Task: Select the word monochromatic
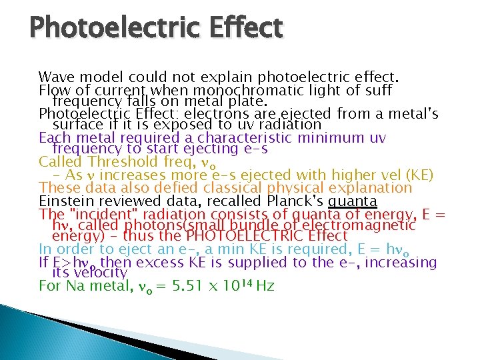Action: (233, 89)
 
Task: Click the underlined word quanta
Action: (353, 201)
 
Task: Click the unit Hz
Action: (265, 287)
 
